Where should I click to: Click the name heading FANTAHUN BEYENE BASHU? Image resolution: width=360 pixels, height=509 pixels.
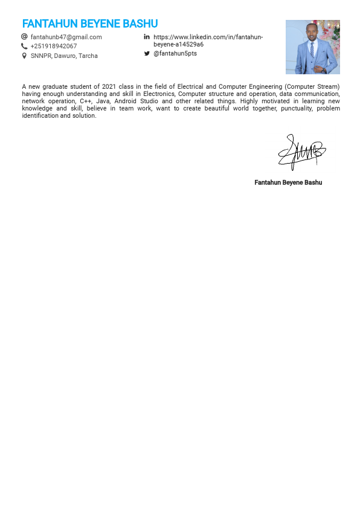click(90, 24)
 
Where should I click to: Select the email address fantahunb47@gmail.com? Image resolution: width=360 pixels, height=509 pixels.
click(66, 37)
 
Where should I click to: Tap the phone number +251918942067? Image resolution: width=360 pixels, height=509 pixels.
click(54, 46)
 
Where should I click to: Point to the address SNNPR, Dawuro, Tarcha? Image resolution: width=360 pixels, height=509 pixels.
click(64, 56)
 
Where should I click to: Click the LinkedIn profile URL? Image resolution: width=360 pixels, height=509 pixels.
click(208, 40)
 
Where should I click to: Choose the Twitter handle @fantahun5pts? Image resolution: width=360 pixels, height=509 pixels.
click(175, 54)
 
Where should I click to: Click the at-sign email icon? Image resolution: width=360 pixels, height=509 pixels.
click(24, 37)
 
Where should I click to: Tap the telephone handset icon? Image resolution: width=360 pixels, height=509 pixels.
click(24, 46)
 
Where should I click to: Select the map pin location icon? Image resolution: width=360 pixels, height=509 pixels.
click(24, 56)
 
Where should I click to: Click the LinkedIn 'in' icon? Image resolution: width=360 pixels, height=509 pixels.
click(147, 37)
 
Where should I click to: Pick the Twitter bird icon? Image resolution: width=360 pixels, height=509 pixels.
click(147, 54)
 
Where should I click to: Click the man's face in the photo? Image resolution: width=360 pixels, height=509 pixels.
click(312, 33)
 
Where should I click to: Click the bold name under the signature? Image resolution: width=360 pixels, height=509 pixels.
click(288, 182)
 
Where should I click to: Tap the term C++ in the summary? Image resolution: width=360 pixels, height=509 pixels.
click(86, 101)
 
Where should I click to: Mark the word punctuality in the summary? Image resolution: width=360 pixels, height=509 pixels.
click(295, 109)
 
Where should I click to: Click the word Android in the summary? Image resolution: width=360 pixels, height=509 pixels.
click(125, 101)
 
